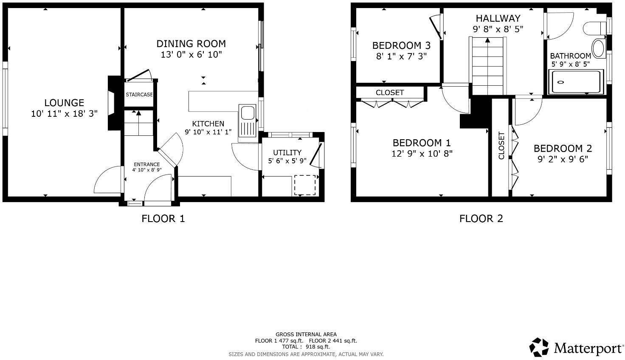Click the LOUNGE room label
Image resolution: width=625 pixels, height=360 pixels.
point(64,103)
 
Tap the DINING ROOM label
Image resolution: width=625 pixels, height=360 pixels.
point(191,44)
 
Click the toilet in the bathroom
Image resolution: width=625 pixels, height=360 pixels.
point(595,28)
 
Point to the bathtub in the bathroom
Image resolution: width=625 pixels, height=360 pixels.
point(575,82)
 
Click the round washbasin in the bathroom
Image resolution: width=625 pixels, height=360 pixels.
point(599,48)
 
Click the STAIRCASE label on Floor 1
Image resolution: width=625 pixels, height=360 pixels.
point(139,95)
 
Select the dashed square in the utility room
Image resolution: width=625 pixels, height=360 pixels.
point(305,185)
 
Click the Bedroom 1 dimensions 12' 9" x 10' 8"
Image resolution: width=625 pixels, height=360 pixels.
point(422,154)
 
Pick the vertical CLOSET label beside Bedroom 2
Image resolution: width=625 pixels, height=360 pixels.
point(501,146)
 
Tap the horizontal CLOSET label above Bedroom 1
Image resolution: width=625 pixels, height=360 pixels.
point(390,93)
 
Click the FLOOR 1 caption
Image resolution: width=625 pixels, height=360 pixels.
point(163,219)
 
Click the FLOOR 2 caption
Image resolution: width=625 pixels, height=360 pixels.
point(481,219)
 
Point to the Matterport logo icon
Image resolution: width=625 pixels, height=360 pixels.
point(539,347)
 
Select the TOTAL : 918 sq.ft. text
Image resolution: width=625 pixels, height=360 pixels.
point(306,346)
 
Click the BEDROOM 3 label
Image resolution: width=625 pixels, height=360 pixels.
point(401,45)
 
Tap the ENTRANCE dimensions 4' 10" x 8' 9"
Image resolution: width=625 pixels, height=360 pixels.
point(147,170)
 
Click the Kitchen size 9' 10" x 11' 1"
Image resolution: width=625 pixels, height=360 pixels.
point(208,132)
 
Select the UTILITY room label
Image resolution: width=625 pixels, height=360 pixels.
point(287,152)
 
